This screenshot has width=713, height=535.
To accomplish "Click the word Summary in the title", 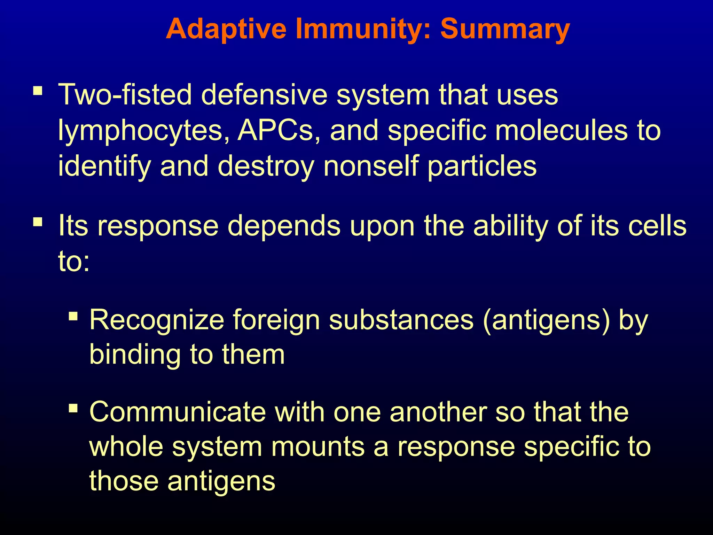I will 505,30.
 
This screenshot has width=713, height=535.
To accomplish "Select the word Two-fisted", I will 125,95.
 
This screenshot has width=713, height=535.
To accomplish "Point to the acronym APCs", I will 275,130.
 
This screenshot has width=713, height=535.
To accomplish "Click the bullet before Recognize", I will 73,316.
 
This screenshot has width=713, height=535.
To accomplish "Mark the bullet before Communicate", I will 73,408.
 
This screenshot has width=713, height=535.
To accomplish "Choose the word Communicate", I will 178,412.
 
